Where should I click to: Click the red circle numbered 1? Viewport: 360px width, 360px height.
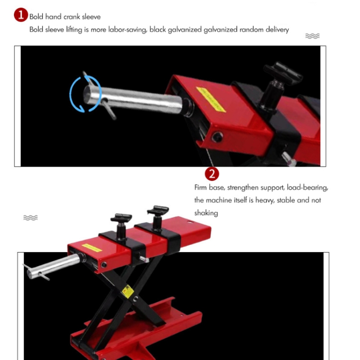coord(21,15)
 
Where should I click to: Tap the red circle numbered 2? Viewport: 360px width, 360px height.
coord(212,174)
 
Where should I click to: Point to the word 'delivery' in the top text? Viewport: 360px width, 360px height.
coord(277,30)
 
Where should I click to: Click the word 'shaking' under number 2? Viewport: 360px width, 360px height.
coord(206,213)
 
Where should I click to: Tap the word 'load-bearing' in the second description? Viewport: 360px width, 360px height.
coord(307,188)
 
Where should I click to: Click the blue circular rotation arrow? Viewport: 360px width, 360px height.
coord(85,94)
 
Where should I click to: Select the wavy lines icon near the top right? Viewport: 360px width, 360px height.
coord(312,36)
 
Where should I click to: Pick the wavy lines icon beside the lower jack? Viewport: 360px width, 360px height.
coord(31,217)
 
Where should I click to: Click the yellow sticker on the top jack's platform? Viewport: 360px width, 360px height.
coord(211,99)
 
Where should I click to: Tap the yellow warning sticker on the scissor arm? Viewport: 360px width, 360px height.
coord(127,291)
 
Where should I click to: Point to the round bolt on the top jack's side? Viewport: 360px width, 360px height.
coord(217,137)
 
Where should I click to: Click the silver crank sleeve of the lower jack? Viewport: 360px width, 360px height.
coord(54,266)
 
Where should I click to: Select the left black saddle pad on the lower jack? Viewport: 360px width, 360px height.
coord(121,217)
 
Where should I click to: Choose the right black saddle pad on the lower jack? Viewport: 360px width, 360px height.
coord(158,209)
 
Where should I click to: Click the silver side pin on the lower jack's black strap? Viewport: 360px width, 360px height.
coord(144,259)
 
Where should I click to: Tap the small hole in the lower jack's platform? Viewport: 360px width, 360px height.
coord(191,222)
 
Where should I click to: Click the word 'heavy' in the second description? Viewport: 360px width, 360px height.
coord(264,201)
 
